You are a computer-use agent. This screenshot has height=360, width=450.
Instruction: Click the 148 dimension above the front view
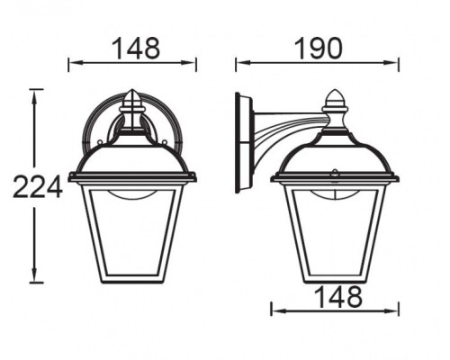tap(133, 47)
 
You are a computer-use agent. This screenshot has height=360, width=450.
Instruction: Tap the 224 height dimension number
tap(37, 187)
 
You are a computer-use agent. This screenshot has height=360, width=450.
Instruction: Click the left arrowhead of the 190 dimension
tap(239, 63)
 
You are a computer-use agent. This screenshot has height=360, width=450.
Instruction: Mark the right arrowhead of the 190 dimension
tap(397, 63)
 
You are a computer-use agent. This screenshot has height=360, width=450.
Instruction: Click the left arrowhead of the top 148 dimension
tap(73, 63)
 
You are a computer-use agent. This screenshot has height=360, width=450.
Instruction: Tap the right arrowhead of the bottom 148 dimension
tap(397, 310)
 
